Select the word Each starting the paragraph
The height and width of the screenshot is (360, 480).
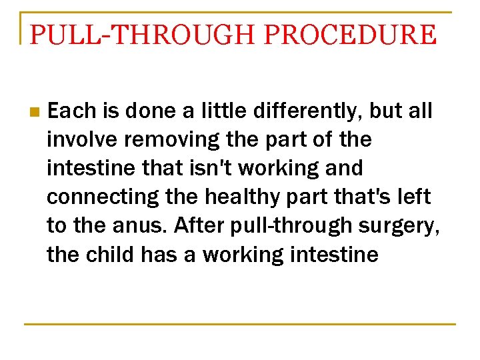(x=73, y=111)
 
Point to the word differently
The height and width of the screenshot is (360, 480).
(x=317, y=111)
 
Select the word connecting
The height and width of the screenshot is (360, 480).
(x=100, y=197)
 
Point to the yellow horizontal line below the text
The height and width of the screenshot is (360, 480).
(x=240, y=324)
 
